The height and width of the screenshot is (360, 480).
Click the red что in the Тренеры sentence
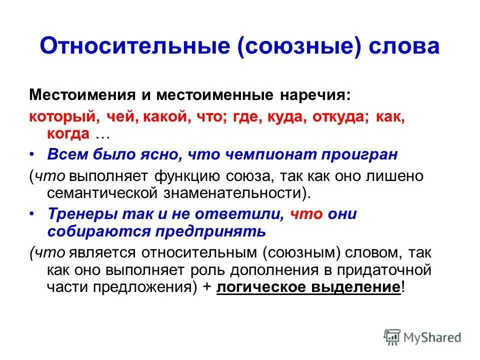click(305, 214)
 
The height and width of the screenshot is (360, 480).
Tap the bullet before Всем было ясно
click(33, 155)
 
